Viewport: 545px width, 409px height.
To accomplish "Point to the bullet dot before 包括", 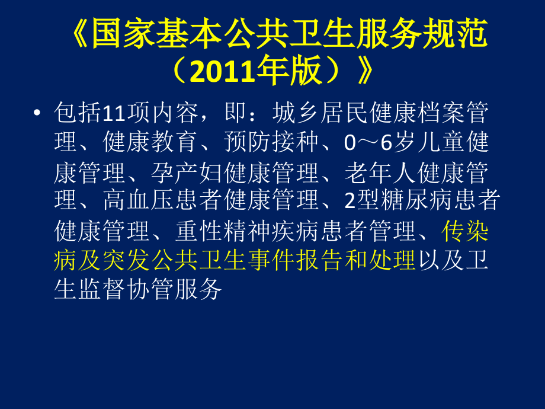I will tap(38, 112).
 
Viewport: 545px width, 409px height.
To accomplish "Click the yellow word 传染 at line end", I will tap(466, 231).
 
